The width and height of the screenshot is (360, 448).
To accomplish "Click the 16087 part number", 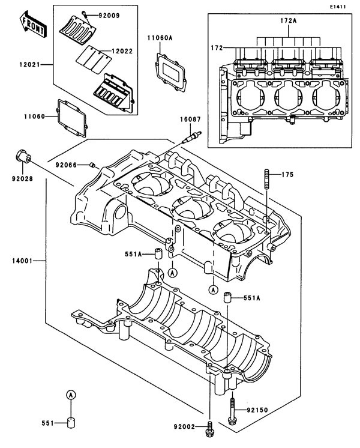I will pyautogui.click(x=190, y=120).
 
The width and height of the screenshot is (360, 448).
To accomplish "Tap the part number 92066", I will pyautogui.click(x=67, y=164).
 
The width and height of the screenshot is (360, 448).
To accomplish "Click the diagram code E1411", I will pyautogui.click(x=338, y=6).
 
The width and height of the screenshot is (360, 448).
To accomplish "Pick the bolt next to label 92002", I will pyautogui.click(x=210, y=427).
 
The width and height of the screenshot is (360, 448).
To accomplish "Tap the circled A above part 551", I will pyautogui.click(x=70, y=395).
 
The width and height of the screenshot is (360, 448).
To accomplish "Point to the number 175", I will pyautogui.click(x=288, y=175).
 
